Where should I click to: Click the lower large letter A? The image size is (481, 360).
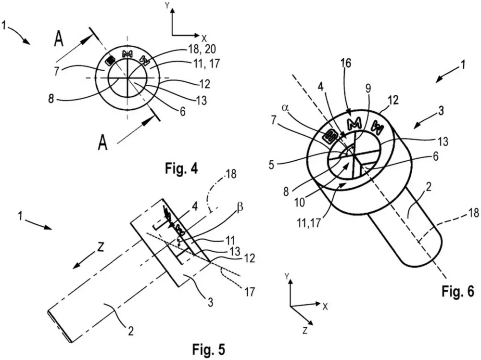pyautogui.click(x=102, y=142)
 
